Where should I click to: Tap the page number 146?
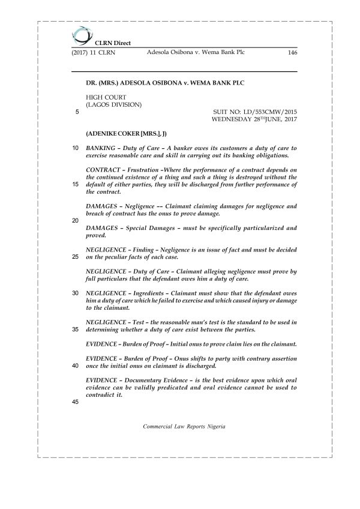[x=293, y=53]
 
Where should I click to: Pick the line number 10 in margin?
[x=75, y=148]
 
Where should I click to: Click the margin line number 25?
[x=75, y=257]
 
